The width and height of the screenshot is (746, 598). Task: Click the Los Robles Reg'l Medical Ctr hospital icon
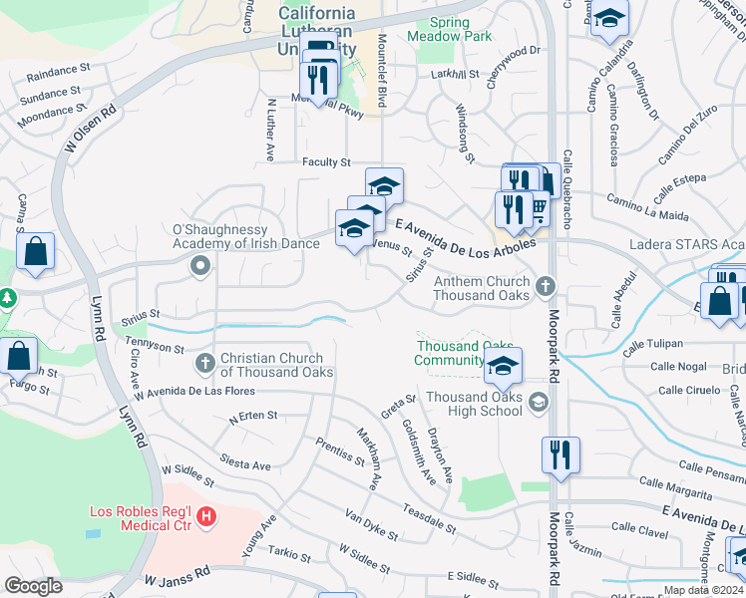[206, 516]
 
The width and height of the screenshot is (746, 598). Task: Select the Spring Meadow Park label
[449, 29]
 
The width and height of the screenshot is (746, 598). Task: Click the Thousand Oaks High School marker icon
[539, 403]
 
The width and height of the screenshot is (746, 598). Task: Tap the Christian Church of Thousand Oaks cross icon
[205, 364]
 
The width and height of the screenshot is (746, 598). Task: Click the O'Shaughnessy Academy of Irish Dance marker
[199, 266]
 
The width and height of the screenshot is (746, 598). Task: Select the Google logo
[33, 586]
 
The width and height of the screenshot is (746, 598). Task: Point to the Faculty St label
[327, 161]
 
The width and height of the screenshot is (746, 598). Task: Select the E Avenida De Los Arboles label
[467, 236]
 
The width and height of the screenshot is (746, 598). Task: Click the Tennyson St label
[155, 347]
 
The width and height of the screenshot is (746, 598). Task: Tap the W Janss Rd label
[178, 577]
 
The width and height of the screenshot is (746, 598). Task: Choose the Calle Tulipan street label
[652, 345]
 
